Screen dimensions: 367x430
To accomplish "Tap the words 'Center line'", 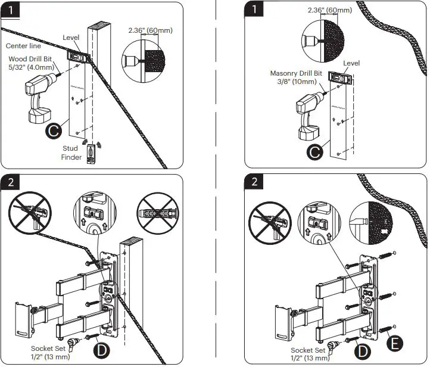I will pos(24,46).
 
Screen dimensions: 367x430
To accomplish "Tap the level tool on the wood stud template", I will pos(78,57).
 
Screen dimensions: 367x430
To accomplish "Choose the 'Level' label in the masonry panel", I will pos(351,63).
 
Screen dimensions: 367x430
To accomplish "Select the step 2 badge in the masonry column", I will pos(254,181).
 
